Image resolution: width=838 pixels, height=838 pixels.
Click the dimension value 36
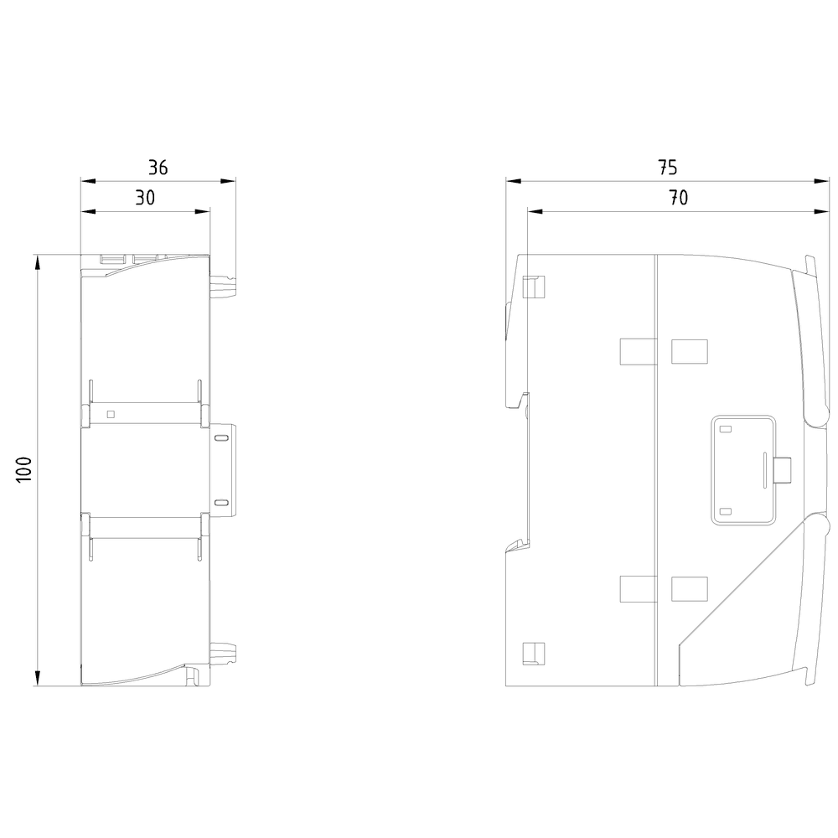[158, 168]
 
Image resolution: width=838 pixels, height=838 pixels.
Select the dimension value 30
[145, 199]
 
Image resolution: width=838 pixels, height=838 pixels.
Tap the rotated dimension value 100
[24, 470]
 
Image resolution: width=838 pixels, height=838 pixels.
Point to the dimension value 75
[668, 168]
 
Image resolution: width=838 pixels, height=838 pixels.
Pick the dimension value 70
[678, 199]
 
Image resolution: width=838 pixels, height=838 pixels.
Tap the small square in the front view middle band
[111, 414]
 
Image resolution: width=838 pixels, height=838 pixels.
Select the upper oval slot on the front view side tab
[220, 438]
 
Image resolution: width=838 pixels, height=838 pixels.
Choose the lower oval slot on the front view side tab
[220, 503]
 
